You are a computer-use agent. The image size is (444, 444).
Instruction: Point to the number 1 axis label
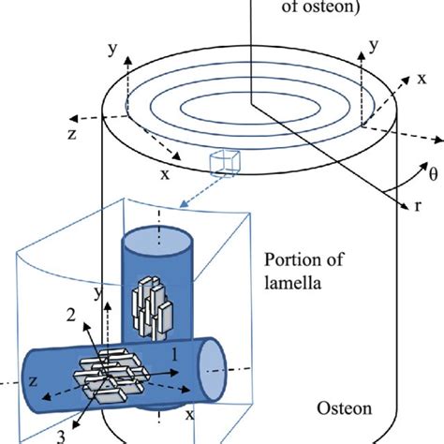pyautogui.click(x=173, y=356)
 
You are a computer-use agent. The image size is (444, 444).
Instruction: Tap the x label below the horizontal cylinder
pyautogui.click(x=191, y=412)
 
